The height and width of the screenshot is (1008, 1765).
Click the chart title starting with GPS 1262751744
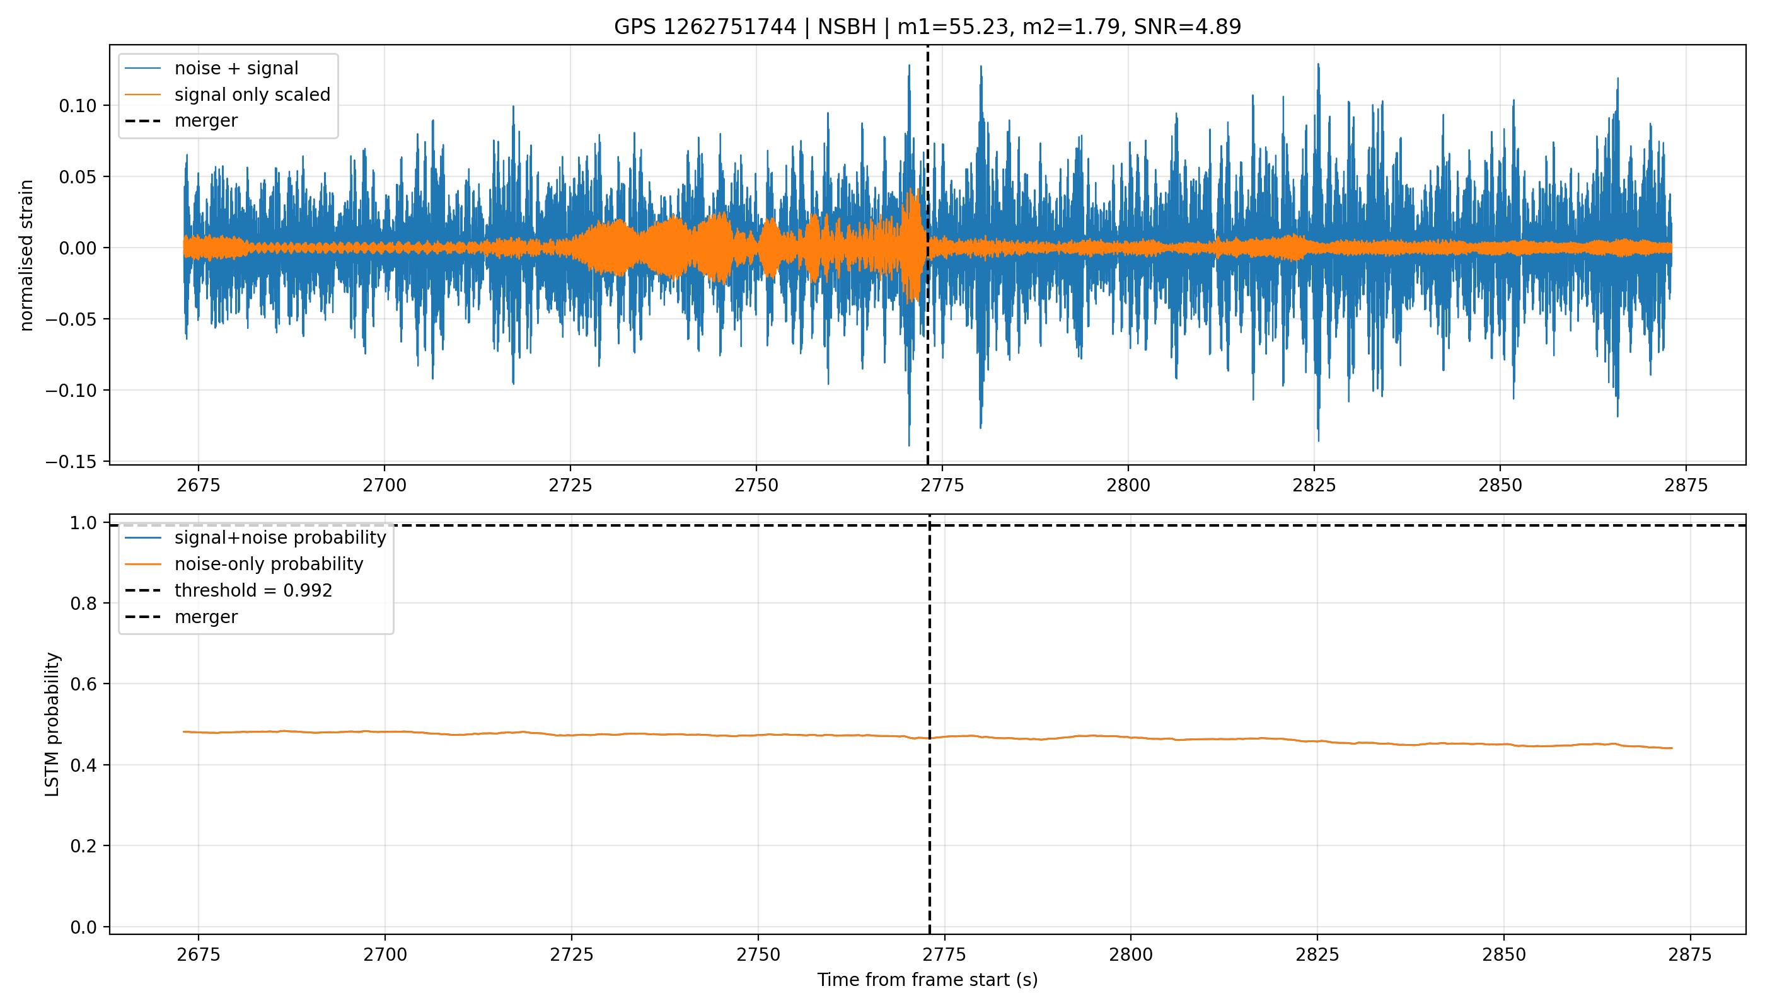[x=927, y=27]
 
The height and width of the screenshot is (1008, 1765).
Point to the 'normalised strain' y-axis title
[x=26, y=255]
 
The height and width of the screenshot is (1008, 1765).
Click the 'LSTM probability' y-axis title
[x=53, y=724]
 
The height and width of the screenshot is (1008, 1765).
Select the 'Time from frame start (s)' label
[x=927, y=980]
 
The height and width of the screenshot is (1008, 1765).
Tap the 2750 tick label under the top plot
[x=756, y=485]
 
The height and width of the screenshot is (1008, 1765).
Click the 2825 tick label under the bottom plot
[x=1317, y=954]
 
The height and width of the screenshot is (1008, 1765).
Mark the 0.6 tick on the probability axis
[x=85, y=684]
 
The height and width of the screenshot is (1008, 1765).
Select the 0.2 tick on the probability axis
[x=85, y=846]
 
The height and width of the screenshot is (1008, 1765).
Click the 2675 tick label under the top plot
[x=198, y=485]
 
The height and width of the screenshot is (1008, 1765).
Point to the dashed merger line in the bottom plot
[x=929, y=724]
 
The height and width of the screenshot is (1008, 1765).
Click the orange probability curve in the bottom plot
[x=927, y=738]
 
